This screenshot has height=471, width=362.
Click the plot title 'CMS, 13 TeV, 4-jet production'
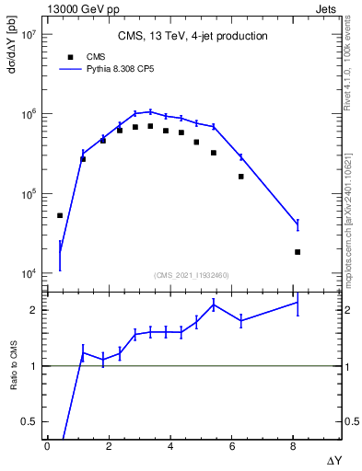(193, 37)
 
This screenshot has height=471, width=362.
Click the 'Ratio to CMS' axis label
(12, 367)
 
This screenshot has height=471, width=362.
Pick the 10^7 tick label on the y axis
(27, 34)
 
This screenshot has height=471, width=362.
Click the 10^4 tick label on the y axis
(27, 274)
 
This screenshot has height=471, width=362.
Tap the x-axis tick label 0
(47, 446)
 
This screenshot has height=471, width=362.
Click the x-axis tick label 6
(232, 446)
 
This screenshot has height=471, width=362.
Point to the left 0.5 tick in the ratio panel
(30, 421)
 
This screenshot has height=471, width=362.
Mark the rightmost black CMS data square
(298, 252)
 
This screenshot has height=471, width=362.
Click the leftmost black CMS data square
(60, 215)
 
